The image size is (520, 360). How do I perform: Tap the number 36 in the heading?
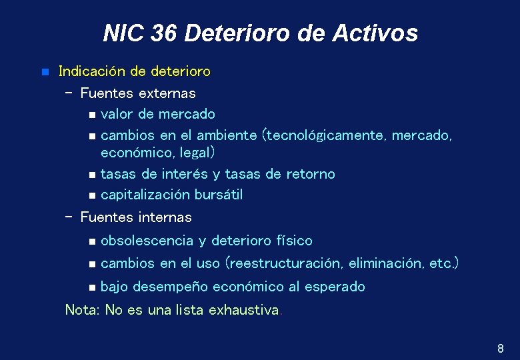164,33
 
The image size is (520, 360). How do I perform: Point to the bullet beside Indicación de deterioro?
44,71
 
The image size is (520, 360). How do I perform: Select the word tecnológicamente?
326,135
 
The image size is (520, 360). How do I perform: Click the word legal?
197,153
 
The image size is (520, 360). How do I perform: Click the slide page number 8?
500,348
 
